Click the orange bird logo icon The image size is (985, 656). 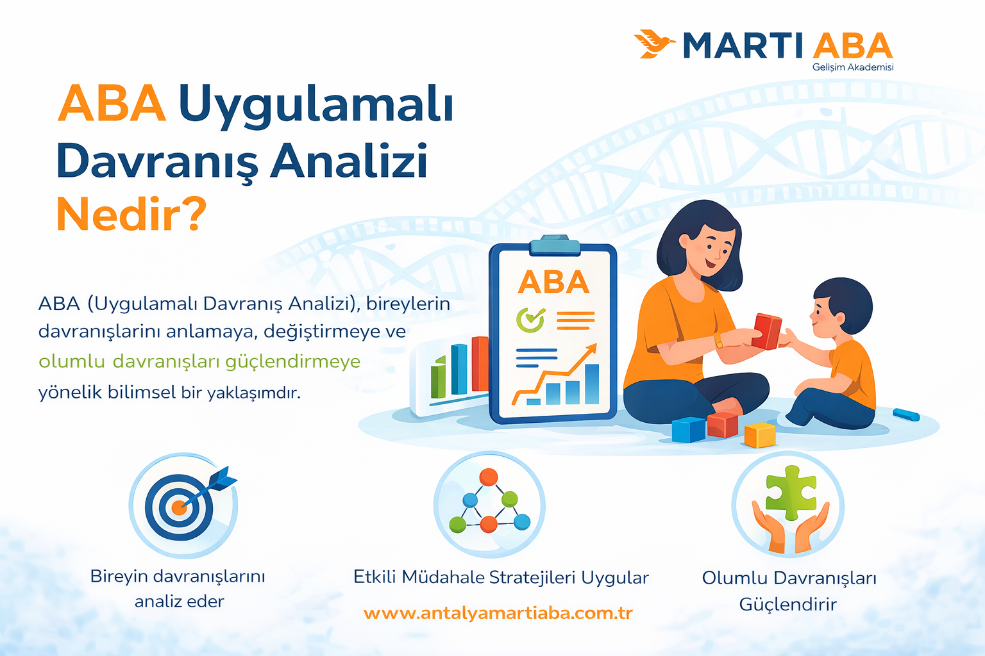click(x=653, y=44)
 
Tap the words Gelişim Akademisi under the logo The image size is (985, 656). click(x=852, y=67)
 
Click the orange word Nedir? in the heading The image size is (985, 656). click(x=131, y=215)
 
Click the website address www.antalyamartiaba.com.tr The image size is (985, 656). click(x=498, y=613)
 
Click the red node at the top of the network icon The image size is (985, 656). click(x=489, y=477)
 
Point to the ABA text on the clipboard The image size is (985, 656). click(x=553, y=283)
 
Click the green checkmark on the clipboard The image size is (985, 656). click(x=530, y=319)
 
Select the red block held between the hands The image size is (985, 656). click(x=766, y=331)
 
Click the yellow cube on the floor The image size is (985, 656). click(x=760, y=436)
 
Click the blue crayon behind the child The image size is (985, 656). click(x=905, y=414)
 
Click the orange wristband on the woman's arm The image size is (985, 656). click(x=718, y=341)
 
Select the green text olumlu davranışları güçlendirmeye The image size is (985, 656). click(x=199, y=362)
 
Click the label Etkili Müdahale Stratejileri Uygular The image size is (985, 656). click(x=501, y=578)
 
